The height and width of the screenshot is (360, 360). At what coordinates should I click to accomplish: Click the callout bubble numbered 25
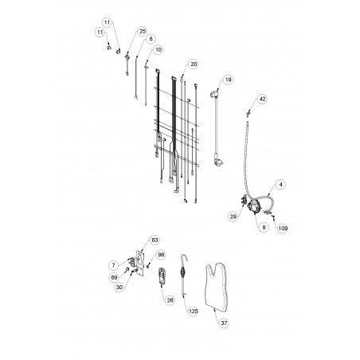143,31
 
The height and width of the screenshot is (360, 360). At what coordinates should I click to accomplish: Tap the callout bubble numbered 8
151,39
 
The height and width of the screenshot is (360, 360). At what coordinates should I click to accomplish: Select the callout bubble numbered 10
158,49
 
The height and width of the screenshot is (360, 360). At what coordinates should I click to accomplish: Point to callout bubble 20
194,65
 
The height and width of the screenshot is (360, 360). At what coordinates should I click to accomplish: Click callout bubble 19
228,80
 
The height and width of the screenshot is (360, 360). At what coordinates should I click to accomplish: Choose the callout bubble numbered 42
262,99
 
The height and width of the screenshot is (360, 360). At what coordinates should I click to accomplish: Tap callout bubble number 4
280,185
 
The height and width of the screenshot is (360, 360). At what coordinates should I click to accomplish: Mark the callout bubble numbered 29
233,217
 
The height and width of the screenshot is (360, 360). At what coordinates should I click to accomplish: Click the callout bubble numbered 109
283,228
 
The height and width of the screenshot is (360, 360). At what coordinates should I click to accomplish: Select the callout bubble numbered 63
155,240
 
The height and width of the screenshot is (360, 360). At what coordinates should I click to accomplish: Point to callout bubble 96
161,255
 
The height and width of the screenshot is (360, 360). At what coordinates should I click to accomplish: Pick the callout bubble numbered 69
114,277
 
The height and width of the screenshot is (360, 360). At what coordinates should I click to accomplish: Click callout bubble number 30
119,288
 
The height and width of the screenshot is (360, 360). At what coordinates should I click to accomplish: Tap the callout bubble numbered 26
170,300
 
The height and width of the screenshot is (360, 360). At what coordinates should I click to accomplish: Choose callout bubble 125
194,311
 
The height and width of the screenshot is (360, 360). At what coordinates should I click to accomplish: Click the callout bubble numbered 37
224,323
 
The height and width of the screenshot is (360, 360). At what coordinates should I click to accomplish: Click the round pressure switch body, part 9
253,205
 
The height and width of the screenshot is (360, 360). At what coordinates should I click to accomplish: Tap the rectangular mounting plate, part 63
140,264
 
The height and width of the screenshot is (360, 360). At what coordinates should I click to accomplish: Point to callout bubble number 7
114,265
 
